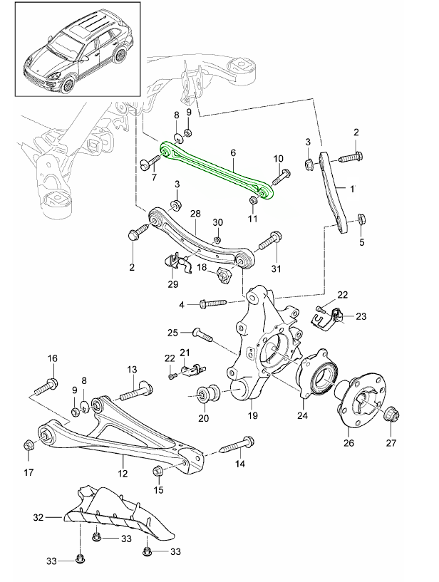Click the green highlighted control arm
tap(214, 171)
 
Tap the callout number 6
tap(232, 152)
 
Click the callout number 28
tap(196, 213)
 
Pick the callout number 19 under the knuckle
tap(253, 415)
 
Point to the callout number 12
tap(123, 472)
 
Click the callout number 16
tap(51, 358)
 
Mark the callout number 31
tap(276, 269)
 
